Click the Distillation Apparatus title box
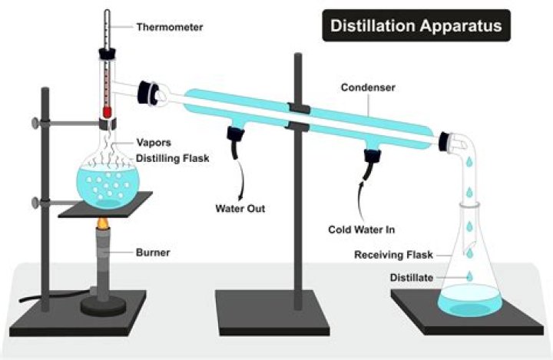[x=416, y=26]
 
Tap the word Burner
[x=153, y=251]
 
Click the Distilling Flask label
[x=173, y=158]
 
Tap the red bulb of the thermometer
[x=107, y=112]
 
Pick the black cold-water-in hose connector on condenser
[x=373, y=158]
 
